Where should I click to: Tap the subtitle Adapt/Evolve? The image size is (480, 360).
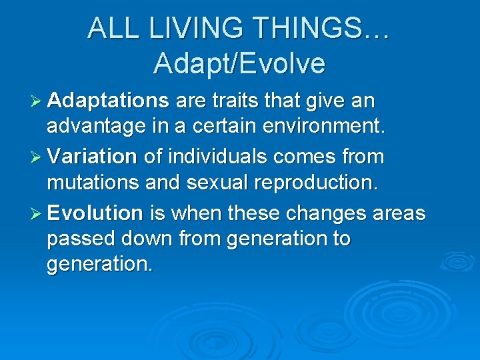click(239, 63)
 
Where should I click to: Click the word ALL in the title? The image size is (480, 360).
click(111, 28)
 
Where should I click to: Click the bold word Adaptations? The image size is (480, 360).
click(108, 101)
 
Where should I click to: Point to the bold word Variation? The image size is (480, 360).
click(92, 157)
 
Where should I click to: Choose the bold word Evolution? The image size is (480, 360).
click(95, 213)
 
